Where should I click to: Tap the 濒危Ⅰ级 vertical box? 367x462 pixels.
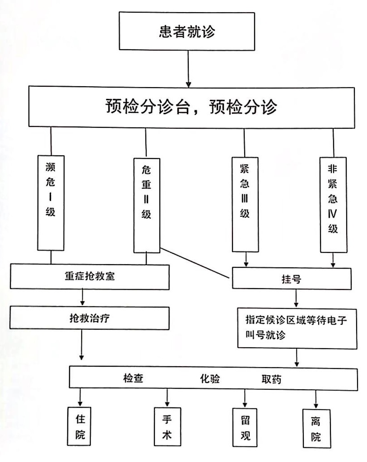(x=51, y=203)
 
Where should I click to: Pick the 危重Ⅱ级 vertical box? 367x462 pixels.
(x=146, y=205)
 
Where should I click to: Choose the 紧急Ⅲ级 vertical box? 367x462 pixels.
(x=245, y=204)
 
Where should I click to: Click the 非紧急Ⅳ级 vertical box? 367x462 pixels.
(x=333, y=205)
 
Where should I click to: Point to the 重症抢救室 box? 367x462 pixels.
(x=89, y=276)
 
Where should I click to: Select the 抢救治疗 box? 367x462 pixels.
(x=89, y=317)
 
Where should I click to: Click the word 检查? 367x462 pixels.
(x=133, y=378)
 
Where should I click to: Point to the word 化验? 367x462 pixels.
(x=210, y=378)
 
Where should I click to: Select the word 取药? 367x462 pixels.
(x=271, y=379)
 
